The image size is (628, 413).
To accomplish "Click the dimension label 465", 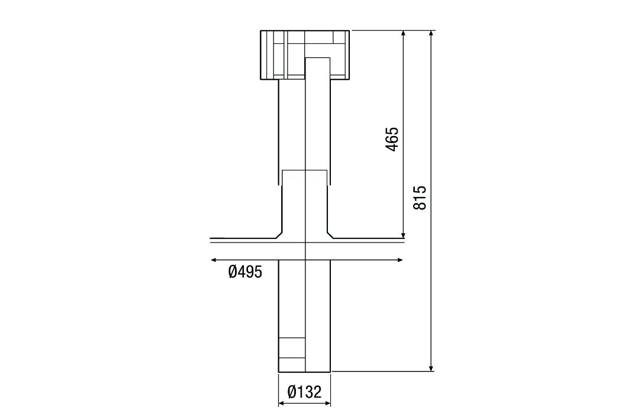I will point(391,139).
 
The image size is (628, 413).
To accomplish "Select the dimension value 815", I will point(419,198).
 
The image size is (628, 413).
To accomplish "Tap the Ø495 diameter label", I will point(245,272).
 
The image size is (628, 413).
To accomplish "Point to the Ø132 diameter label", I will point(304,392).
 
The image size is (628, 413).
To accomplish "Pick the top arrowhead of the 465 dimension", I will point(403,34).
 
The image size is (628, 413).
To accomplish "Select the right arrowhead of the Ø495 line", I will point(401,259).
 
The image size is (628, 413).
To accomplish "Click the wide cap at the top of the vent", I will point(305,54).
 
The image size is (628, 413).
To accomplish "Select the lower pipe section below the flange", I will point(305,314).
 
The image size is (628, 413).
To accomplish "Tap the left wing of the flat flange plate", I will point(243,241).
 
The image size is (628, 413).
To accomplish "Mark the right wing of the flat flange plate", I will point(367,241).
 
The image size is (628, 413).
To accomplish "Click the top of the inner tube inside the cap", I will point(317,58).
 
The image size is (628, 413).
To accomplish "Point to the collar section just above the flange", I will point(304,204).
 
